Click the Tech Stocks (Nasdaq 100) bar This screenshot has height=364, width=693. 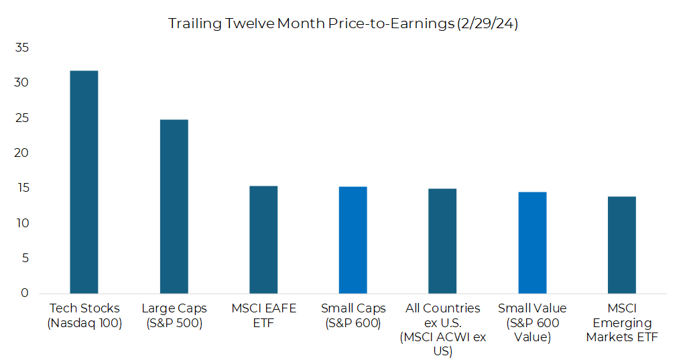[84, 182]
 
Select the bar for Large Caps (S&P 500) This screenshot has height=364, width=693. [174, 206]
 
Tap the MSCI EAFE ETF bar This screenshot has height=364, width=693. [263, 239]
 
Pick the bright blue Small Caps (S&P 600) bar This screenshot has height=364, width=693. [353, 240]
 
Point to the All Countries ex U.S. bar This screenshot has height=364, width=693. [442, 241]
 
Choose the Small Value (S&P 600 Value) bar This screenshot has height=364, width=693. [532, 243]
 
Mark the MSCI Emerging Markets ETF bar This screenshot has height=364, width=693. [622, 245]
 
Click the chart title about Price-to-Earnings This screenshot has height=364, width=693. [342, 23]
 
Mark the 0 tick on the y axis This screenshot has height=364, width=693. [25, 293]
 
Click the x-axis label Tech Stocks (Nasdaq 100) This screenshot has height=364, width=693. [84, 315]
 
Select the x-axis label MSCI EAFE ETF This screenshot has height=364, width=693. [263, 315]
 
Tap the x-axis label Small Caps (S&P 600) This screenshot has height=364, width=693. [353, 315]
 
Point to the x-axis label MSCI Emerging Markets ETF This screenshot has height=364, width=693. [622, 322]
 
